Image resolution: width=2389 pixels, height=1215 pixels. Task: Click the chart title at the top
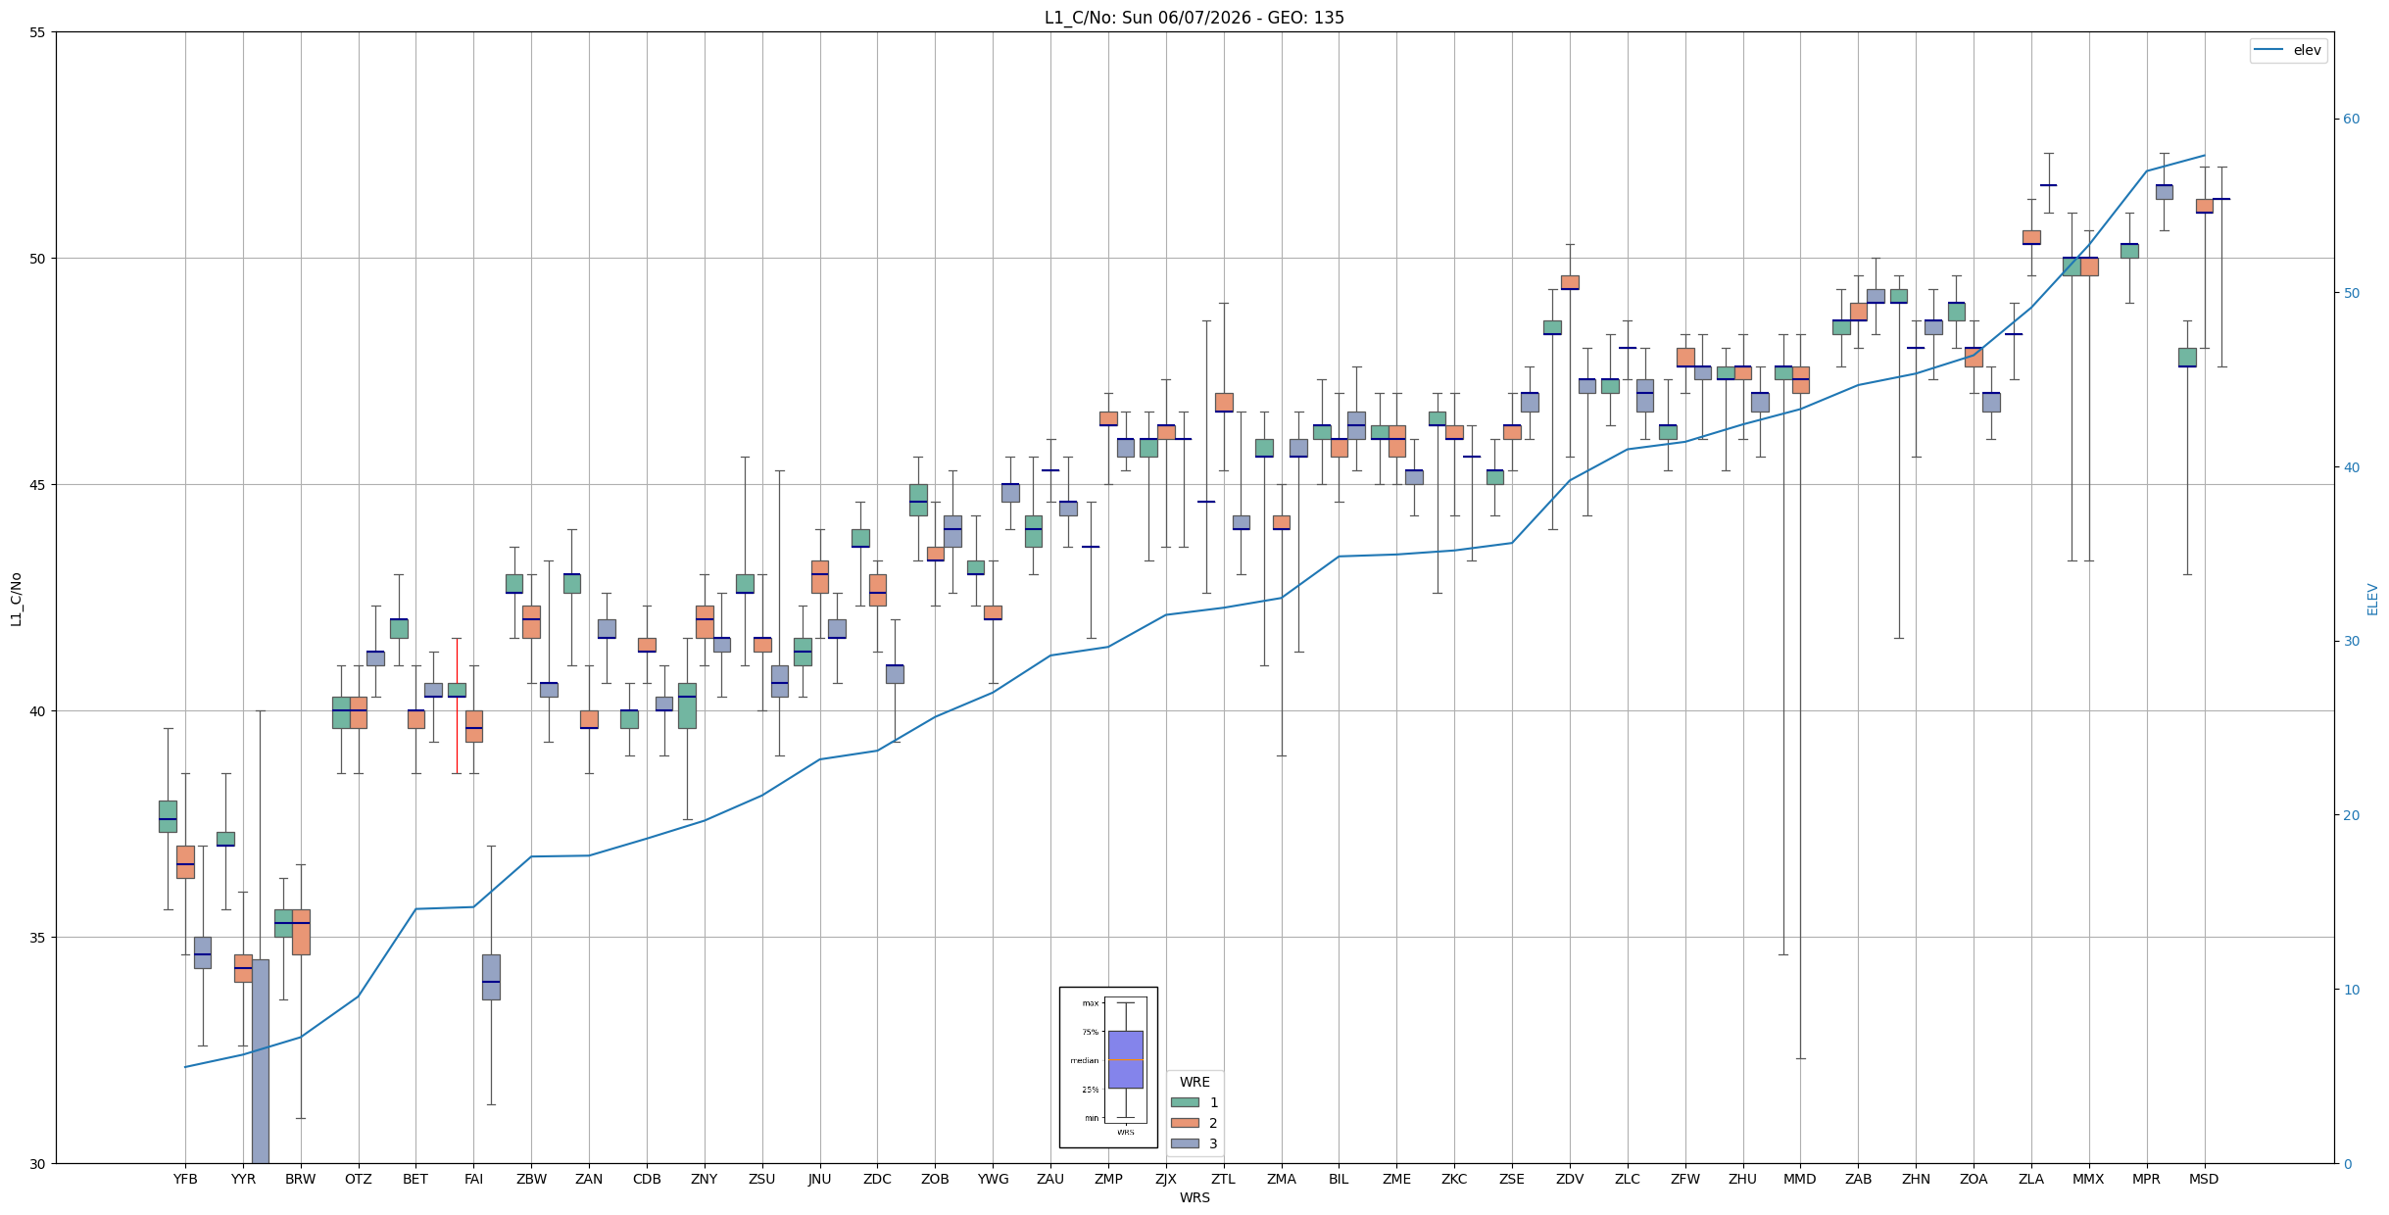pos(1194,18)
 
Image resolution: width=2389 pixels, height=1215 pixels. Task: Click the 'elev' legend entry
pos(2287,51)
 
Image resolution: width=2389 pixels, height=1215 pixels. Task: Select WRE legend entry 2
pos(1194,1123)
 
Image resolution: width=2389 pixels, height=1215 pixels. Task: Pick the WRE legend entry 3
pos(1194,1143)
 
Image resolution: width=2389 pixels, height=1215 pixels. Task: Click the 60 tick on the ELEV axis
pos(2351,120)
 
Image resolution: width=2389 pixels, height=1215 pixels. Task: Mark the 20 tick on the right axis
pos(2351,815)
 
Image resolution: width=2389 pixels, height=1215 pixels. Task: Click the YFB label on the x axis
pos(185,1179)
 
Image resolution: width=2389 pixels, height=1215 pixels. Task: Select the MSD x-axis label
pos(2204,1179)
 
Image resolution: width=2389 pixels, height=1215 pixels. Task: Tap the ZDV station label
pos(1570,1179)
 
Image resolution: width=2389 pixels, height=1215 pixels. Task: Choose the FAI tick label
pos(473,1179)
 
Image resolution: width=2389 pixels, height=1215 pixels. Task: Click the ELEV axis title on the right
pos(2372,599)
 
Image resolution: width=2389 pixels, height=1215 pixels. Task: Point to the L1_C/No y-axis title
pos(16,599)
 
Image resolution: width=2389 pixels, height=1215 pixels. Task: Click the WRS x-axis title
pos(1194,1197)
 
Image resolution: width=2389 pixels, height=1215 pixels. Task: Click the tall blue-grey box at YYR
pos(260,1061)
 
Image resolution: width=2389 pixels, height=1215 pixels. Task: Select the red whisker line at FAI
pos(457,705)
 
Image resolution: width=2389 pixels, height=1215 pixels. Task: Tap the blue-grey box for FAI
pos(491,977)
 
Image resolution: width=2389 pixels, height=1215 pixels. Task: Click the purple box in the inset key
pos(1125,1059)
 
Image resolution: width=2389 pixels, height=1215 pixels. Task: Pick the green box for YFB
pos(168,816)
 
